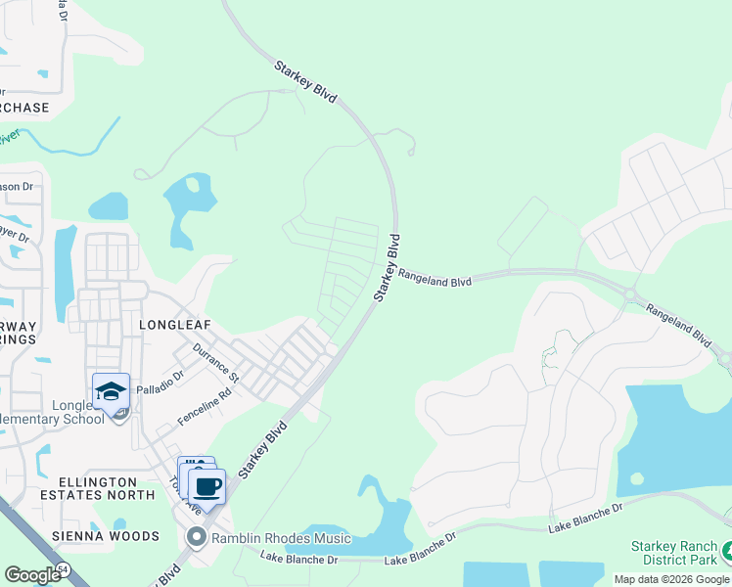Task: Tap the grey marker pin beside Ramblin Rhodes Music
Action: pyautogui.click(x=196, y=537)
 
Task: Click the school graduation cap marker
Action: pyautogui.click(x=111, y=391)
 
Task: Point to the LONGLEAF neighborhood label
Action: pyautogui.click(x=175, y=323)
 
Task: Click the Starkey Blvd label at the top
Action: pyautogui.click(x=305, y=82)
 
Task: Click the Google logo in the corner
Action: pyautogui.click(x=32, y=575)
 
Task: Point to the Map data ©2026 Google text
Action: pyautogui.click(x=671, y=579)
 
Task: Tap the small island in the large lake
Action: pyautogui.click(x=637, y=479)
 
